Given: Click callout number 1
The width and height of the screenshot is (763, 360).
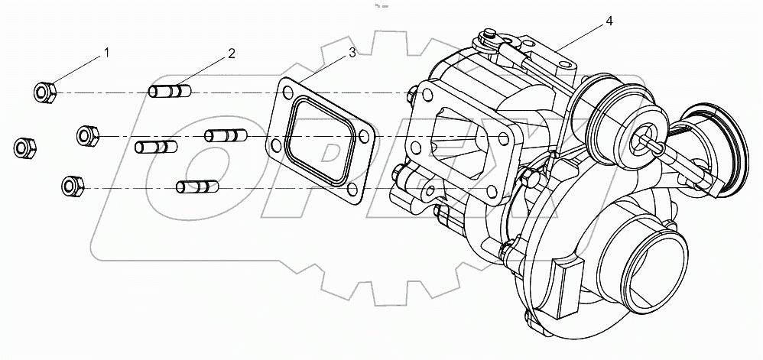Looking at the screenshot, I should (107, 53).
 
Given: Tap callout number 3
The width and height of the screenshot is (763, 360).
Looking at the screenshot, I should (351, 52).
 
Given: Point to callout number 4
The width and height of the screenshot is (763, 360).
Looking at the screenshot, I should (609, 21).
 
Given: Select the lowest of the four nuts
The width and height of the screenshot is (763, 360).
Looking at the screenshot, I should (73, 185).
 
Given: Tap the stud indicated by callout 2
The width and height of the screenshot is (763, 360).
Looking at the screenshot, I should (170, 92).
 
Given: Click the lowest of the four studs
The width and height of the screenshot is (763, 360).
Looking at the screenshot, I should (197, 186).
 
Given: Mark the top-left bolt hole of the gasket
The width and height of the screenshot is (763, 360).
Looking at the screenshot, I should (287, 93).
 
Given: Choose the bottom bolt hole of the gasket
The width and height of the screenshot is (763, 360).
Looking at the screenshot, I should (352, 192).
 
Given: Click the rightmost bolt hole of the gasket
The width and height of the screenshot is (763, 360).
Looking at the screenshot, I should (365, 138).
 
